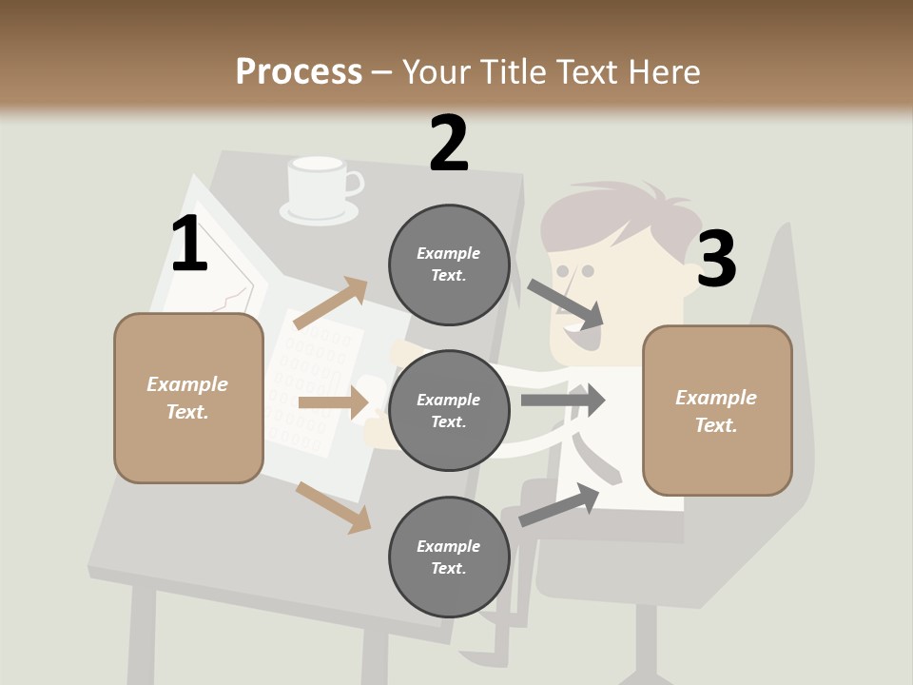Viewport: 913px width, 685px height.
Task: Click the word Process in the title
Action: pyautogui.click(x=299, y=72)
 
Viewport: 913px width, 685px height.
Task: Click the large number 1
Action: pyautogui.click(x=189, y=244)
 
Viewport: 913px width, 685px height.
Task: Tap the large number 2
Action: pyautogui.click(x=449, y=144)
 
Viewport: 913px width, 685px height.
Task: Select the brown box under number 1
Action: pyautogui.click(x=188, y=398)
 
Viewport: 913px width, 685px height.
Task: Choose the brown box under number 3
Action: pyautogui.click(x=717, y=410)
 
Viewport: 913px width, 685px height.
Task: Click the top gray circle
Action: pyautogui.click(x=449, y=264)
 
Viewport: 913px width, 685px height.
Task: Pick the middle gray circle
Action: pyautogui.click(x=449, y=410)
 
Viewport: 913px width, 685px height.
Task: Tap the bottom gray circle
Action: pyautogui.click(x=449, y=557)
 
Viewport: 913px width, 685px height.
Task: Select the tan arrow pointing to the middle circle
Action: pyautogui.click(x=333, y=402)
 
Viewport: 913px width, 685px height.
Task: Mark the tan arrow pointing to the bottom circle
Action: pyautogui.click(x=334, y=507)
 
